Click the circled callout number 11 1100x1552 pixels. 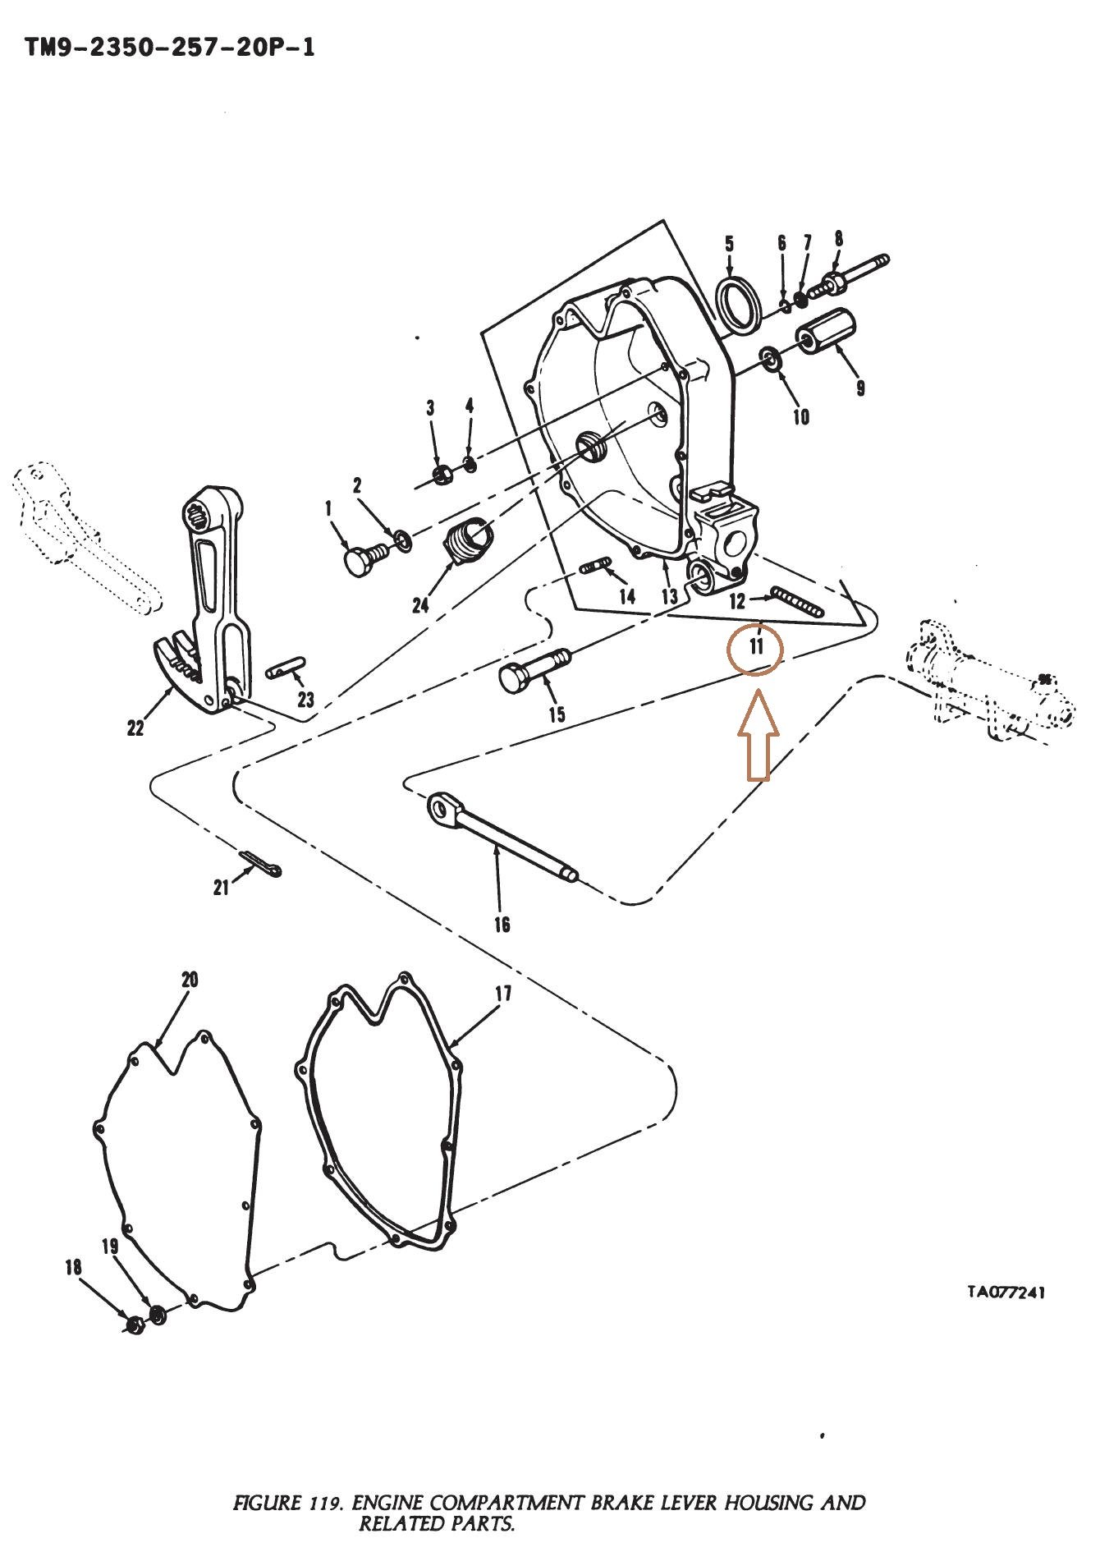tap(756, 646)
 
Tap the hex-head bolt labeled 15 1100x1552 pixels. tap(534, 668)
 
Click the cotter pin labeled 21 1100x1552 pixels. tap(261, 863)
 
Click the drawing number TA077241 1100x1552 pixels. tap(1005, 1292)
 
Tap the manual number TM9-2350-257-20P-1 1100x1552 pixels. tap(170, 48)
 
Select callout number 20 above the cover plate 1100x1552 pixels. tap(190, 980)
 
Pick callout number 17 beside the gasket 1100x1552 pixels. tap(502, 994)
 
